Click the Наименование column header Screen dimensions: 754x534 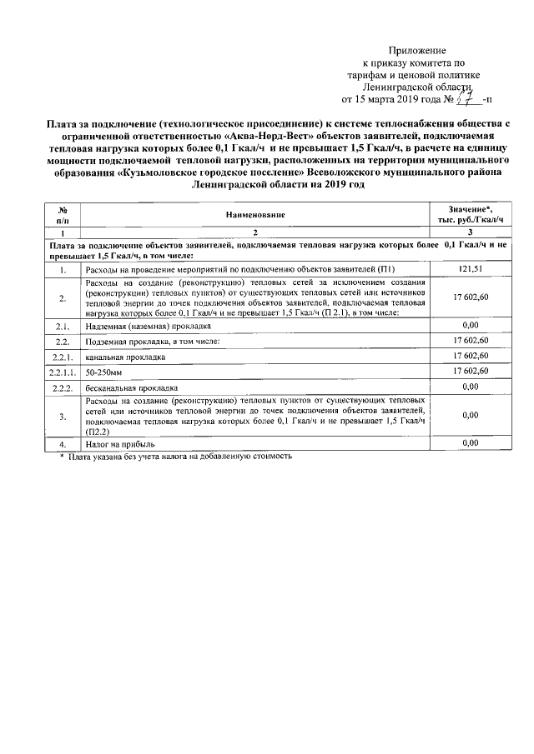(255, 214)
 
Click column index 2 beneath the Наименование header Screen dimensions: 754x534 (255, 232)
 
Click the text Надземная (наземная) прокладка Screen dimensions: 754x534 (140, 326)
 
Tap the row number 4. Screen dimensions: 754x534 (63, 446)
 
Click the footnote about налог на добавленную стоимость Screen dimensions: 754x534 (175, 457)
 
